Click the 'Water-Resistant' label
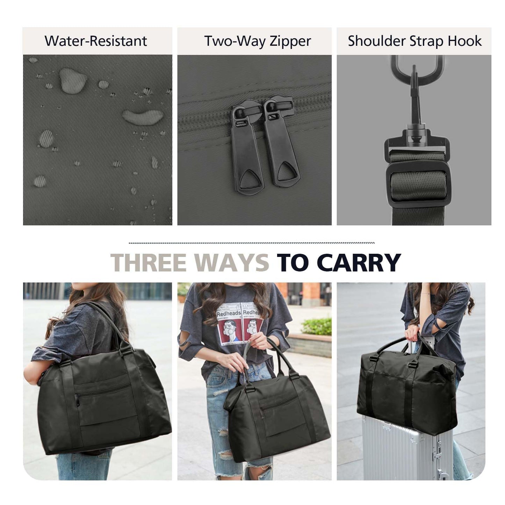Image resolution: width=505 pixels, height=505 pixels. pos(96,41)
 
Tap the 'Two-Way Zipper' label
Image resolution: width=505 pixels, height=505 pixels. pos(258,41)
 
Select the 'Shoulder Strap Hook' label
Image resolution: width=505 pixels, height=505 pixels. pos(414,41)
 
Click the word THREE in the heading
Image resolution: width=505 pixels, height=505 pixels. pos(148,262)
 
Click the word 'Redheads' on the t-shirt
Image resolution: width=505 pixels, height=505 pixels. pos(229,313)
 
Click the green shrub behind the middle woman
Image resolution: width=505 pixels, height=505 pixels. pos(317,326)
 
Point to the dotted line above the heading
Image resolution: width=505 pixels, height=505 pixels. pos(252,243)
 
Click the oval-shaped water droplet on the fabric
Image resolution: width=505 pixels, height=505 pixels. pos(142,117)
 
